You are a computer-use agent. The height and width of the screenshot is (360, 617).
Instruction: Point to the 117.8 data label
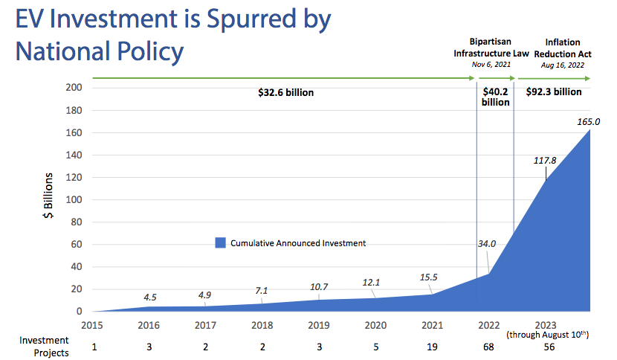tap(544, 159)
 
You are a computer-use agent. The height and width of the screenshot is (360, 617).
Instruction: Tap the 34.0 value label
tap(487, 243)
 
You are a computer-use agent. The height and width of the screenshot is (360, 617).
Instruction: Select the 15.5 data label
tap(430, 277)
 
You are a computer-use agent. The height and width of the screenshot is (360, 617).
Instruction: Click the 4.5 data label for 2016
tap(150, 298)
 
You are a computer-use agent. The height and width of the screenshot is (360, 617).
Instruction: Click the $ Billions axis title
tap(48, 199)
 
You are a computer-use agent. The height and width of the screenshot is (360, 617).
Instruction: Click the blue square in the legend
tap(220, 242)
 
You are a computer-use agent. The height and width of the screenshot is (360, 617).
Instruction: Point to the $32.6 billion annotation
tap(285, 93)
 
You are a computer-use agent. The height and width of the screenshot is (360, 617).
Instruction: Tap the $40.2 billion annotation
tap(496, 97)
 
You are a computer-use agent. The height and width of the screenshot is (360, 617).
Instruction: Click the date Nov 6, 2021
tap(491, 65)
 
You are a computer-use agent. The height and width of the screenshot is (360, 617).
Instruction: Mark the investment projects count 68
tap(488, 347)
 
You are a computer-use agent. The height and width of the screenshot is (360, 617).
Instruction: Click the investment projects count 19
tap(432, 347)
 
